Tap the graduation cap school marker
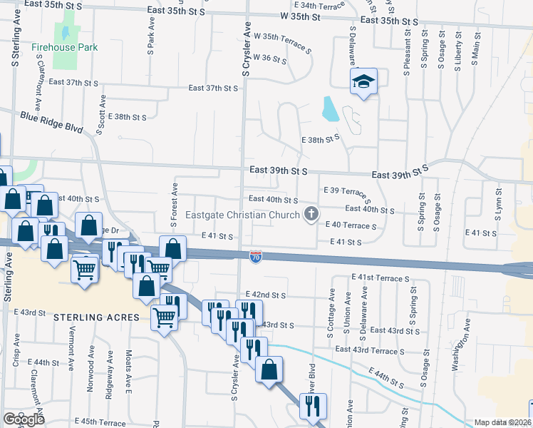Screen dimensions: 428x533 (x=363, y=82)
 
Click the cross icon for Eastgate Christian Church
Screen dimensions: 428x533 (x=311, y=213)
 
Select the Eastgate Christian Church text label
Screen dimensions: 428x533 (x=242, y=215)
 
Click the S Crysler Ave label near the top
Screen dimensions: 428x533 (x=247, y=53)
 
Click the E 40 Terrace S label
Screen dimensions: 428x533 (x=350, y=225)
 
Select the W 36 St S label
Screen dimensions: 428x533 (x=269, y=58)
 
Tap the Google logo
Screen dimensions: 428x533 (x=24, y=419)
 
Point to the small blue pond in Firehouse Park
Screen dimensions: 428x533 (x=65, y=33)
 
